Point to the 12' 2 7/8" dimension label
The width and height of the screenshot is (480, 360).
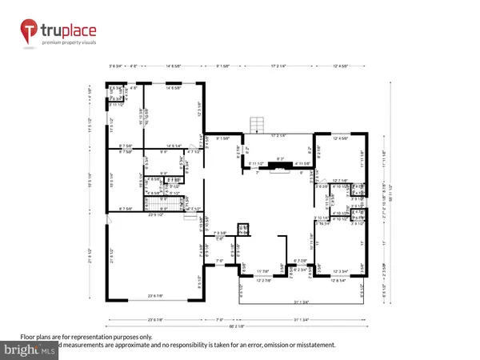[263, 280]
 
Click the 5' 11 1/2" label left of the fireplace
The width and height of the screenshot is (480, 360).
[255, 165]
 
